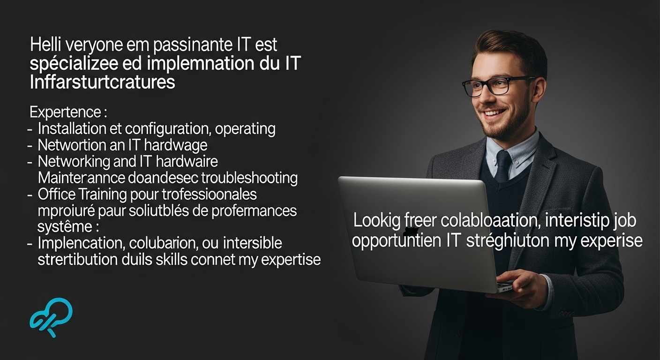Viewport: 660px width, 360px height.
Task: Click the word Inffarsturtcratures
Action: click(x=102, y=82)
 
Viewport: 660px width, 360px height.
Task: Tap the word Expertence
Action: click(x=66, y=112)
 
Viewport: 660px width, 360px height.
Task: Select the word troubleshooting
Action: click(x=249, y=178)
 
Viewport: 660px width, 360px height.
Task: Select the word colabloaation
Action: click(x=490, y=220)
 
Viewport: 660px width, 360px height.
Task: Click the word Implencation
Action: click(x=82, y=243)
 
